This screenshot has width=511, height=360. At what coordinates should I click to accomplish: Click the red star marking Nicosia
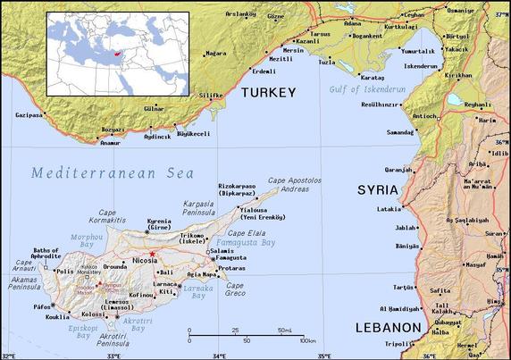153,255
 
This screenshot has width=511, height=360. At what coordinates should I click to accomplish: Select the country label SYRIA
376,190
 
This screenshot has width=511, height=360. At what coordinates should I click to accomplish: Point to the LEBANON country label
388,328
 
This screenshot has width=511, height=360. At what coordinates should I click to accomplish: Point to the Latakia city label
390,209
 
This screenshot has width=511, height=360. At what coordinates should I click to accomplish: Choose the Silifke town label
210,94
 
